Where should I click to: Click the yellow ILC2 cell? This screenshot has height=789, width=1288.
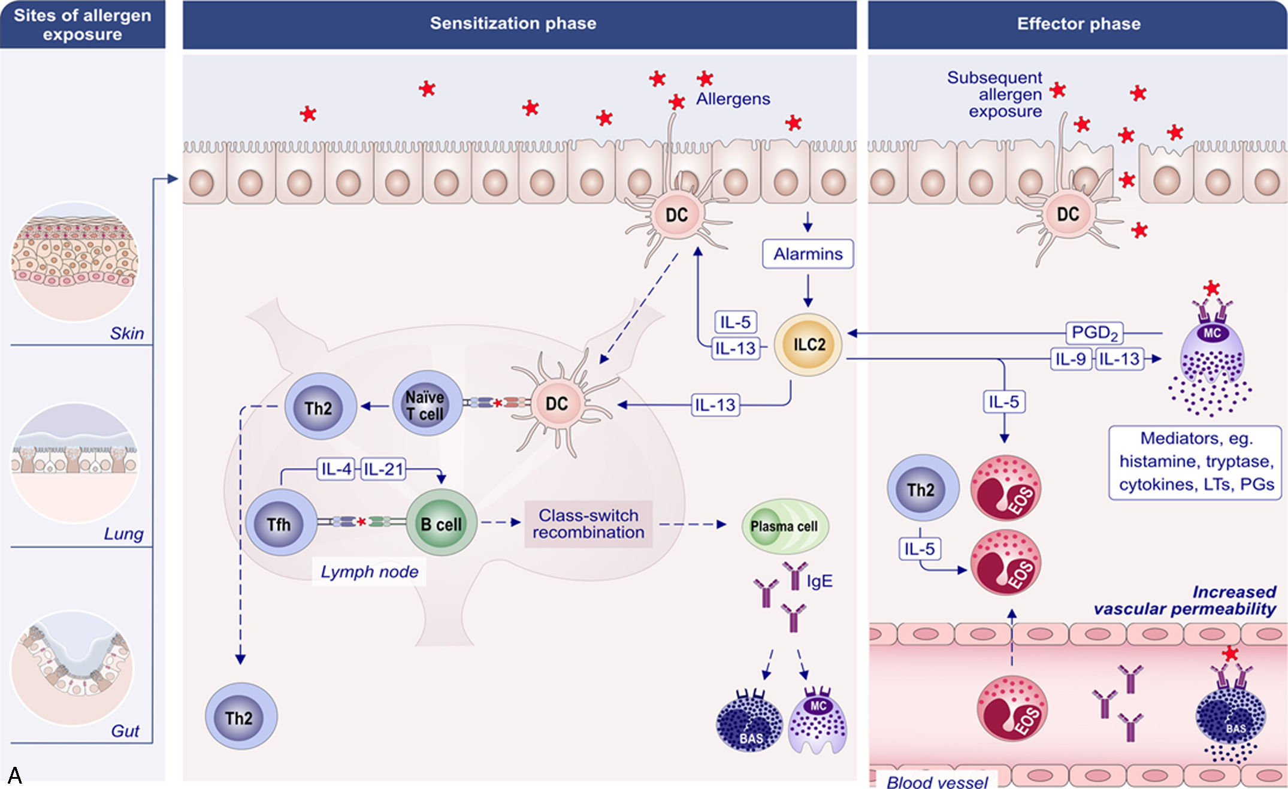pyautogui.click(x=808, y=344)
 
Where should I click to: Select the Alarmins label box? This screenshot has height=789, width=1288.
pyautogui.click(x=808, y=253)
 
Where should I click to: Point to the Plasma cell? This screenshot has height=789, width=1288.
pyautogui.click(x=785, y=526)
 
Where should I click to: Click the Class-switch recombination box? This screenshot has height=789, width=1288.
pyautogui.click(x=588, y=524)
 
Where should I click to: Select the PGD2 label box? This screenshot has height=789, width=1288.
pyautogui.click(x=1094, y=332)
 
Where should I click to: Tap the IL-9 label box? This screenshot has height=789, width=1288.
pyautogui.click(x=1071, y=359)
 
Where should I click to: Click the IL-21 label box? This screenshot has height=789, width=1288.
pyautogui.click(x=383, y=469)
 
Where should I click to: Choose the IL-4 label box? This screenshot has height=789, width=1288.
pyautogui.click(x=336, y=469)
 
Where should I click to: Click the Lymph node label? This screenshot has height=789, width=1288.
pyautogui.click(x=369, y=572)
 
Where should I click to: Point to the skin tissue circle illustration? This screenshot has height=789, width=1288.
pyautogui.click(x=75, y=262)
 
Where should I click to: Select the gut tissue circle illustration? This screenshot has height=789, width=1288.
pyautogui.click(x=72, y=669)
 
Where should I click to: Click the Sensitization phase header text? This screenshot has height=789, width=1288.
pyautogui.click(x=513, y=23)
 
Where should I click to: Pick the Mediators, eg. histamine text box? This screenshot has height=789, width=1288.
pyautogui.click(x=1195, y=462)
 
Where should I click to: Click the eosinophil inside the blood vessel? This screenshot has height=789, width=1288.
pyautogui.click(x=1012, y=708)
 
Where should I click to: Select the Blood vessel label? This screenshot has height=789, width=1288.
pyautogui.click(x=937, y=781)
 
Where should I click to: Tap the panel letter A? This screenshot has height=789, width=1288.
pyautogui.click(x=15, y=775)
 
